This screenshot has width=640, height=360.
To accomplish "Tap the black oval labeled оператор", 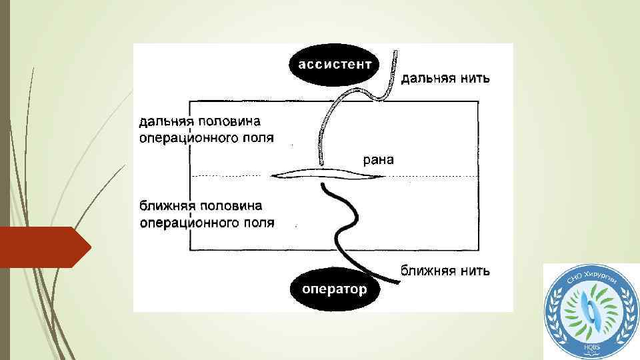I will pyautogui.click(x=334, y=289).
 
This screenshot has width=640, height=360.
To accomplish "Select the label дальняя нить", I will pyautogui.click(x=445, y=79).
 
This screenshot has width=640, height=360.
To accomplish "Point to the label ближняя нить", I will pyautogui.click(x=445, y=271).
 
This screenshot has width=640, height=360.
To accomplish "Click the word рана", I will pyautogui.click(x=378, y=159).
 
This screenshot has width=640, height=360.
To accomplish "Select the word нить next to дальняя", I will pyautogui.click(x=475, y=79).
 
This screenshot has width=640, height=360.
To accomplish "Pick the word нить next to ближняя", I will pyautogui.click(x=475, y=271).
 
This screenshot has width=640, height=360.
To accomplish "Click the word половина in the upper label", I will pyautogui.click(x=229, y=122).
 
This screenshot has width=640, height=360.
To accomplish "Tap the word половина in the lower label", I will pyautogui.click(x=230, y=206).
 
